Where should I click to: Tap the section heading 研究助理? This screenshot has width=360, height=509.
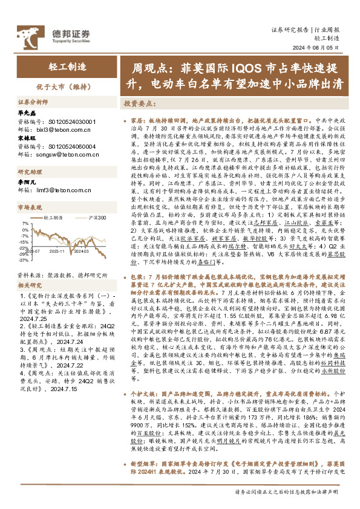point(29,171)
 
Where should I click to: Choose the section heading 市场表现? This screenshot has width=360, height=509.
point(29,207)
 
